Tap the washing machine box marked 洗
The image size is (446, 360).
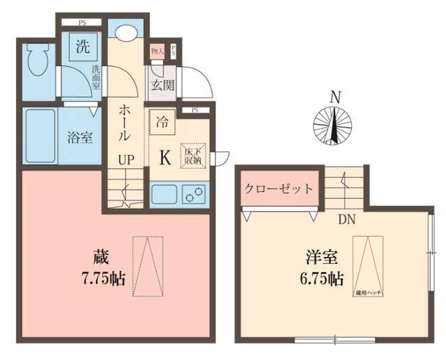[84, 49]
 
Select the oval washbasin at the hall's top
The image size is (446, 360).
[126, 33]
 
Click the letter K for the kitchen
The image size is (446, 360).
[165, 158]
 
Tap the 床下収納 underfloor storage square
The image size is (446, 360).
[192, 155]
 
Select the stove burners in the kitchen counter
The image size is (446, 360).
[194, 194]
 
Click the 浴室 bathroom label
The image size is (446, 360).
[79, 137]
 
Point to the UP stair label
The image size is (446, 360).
[126, 159]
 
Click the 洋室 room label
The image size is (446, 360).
[320, 256]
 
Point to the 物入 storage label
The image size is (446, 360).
[157, 51]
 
